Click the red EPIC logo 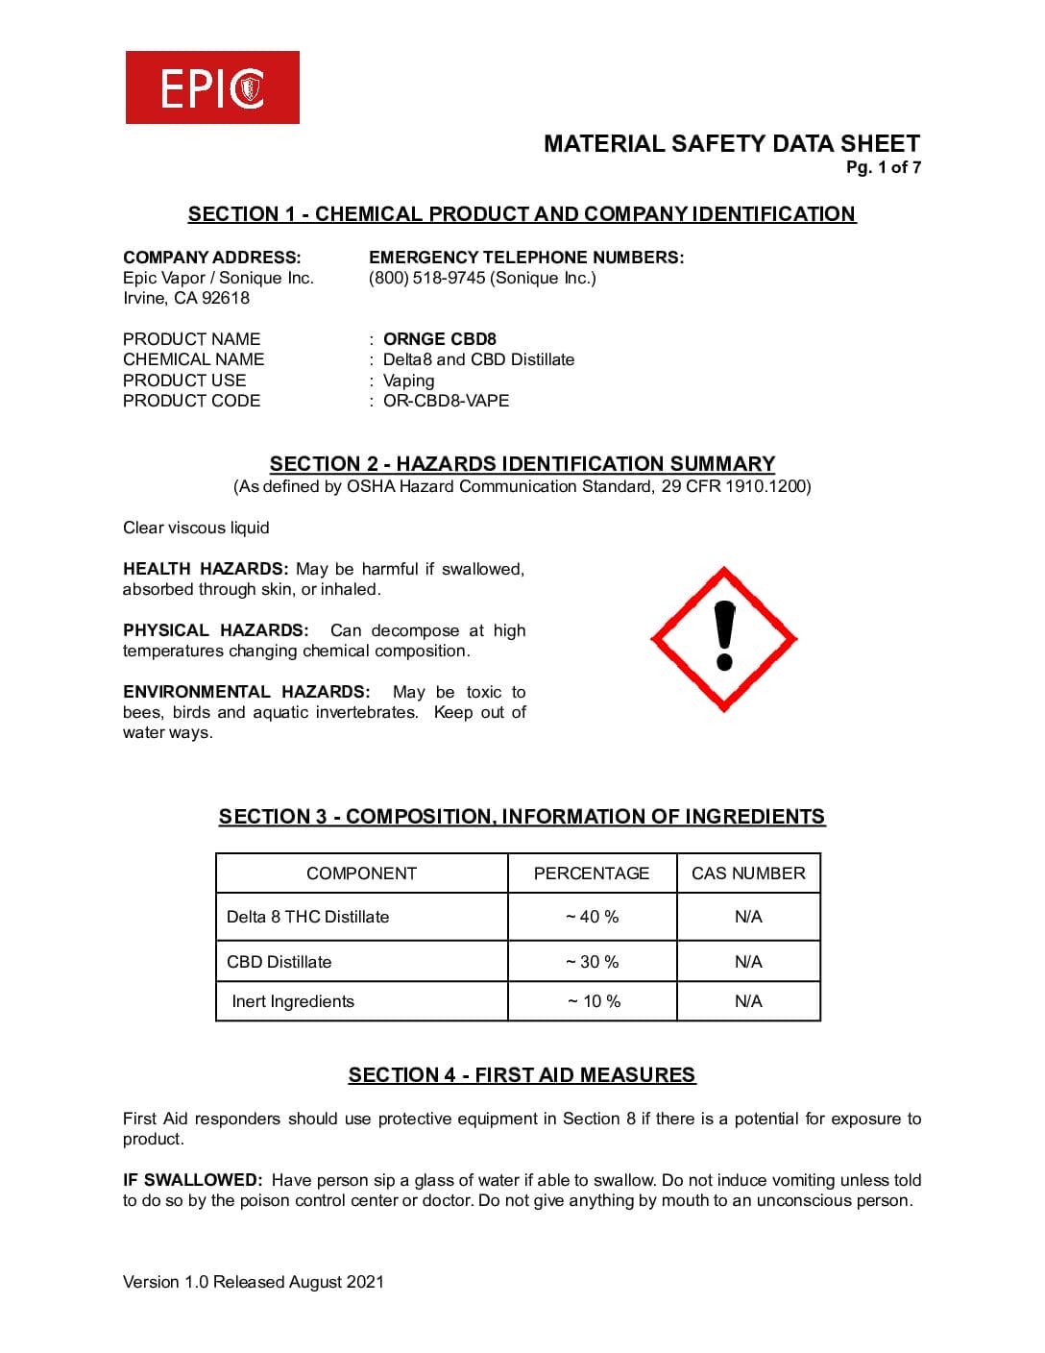tap(212, 87)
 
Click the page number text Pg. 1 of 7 tap(883, 167)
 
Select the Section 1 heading tap(522, 214)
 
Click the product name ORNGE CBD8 tap(440, 339)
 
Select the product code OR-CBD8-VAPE tap(446, 401)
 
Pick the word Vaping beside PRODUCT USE tap(408, 381)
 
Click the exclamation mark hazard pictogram tap(724, 638)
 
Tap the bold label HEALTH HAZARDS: tap(206, 569)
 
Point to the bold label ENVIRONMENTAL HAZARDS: tap(246, 692)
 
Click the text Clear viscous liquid tap(196, 528)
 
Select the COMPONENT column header tap(361, 873)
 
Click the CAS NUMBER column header tap(748, 873)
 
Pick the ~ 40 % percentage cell tap(593, 917)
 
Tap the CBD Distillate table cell tap(279, 962)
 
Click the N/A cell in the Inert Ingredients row tap(748, 1001)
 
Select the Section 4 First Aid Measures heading tap(522, 1075)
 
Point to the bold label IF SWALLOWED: tap(192, 1180)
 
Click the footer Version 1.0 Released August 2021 tap(254, 1282)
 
